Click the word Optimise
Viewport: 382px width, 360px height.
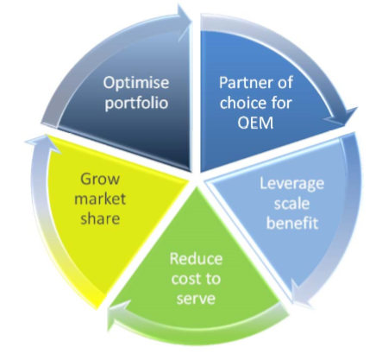click(x=136, y=84)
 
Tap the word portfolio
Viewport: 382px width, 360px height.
click(x=136, y=104)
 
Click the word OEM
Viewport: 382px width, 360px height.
click(x=255, y=123)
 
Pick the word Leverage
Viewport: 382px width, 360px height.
click(x=291, y=184)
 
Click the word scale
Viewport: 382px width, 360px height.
click(x=291, y=203)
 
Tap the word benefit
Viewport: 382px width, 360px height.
click(x=292, y=223)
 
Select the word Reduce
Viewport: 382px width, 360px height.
click(x=196, y=258)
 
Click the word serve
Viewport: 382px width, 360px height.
click(x=196, y=299)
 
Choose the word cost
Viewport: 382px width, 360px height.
click(x=184, y=279)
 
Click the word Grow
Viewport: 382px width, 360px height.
click(x=100, y=179)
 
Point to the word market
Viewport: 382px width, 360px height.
click(x=100, y=199)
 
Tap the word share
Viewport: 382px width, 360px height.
click(x=100, y=218)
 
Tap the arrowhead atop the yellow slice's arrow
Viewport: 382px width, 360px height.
click(x=43, y=143)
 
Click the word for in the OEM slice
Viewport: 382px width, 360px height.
click(x=282, y=103)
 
